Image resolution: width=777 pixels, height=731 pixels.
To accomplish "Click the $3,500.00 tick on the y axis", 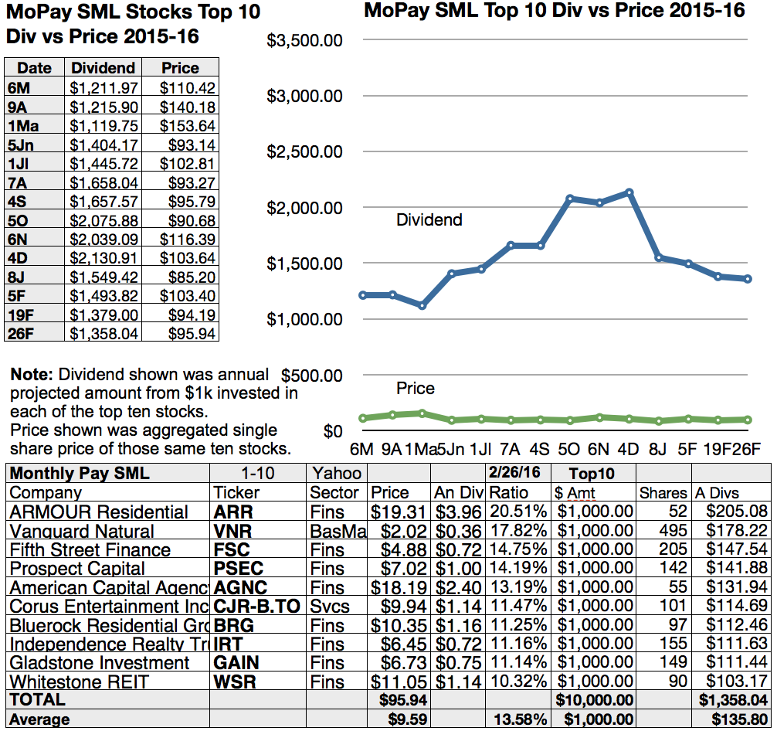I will coord(304,40).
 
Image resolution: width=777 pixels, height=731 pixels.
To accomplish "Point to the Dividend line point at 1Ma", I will coord(421,305).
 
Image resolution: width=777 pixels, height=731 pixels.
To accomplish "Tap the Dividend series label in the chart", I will coord(429,220).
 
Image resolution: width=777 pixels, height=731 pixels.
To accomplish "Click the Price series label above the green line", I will coord(416,389).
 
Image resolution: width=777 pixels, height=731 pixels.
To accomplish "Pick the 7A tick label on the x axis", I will coord(509,449).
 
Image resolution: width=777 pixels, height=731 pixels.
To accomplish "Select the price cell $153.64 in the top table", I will coord(188,126).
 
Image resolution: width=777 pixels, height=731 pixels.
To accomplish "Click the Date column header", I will coord(34,68).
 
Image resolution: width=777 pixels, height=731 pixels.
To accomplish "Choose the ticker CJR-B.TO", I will coord(257,607).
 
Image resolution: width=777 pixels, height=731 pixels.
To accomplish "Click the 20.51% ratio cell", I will coord(511,512).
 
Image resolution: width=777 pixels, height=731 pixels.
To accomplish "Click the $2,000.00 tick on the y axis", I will coord(304,208).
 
